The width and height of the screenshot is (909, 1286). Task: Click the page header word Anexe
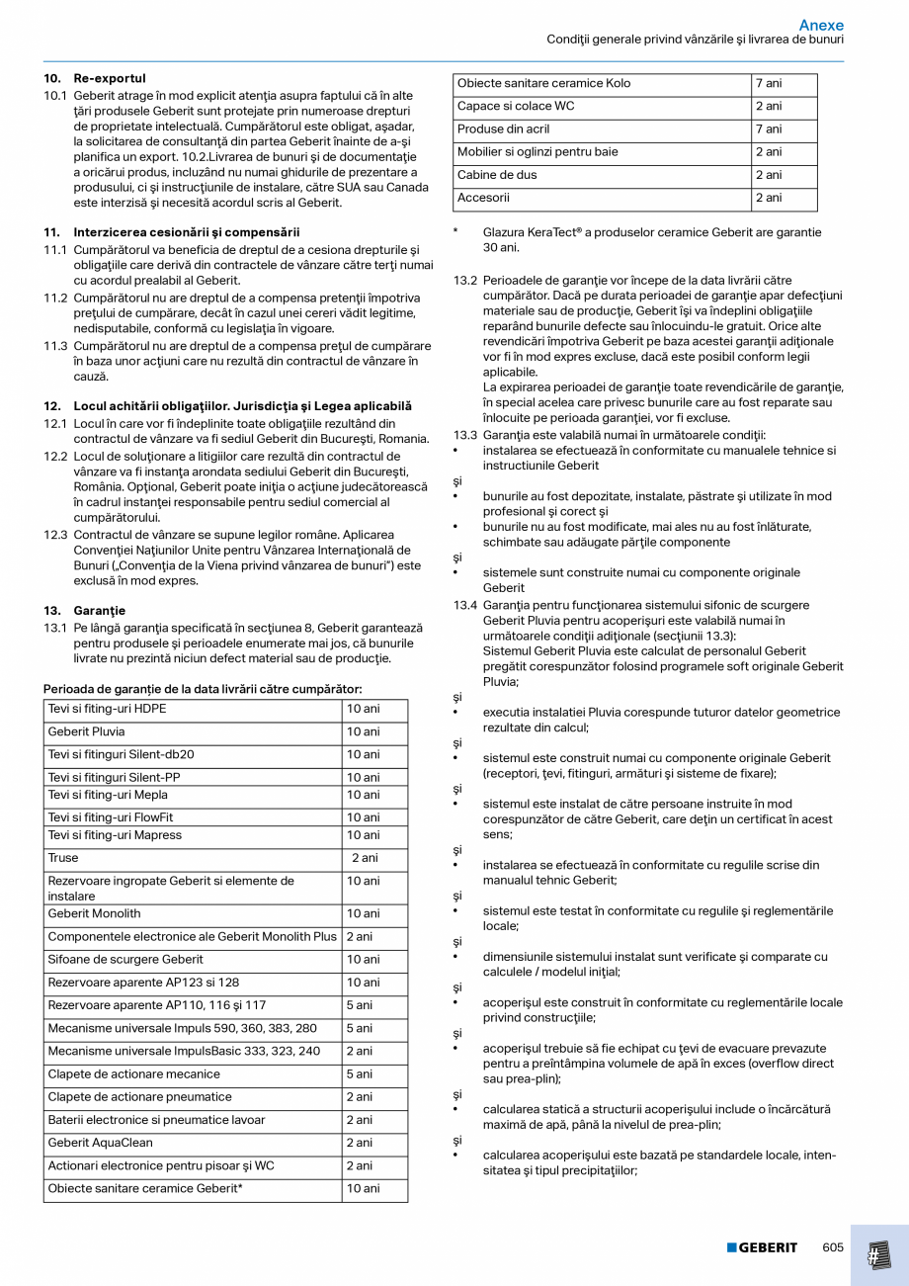[x=821, y=25]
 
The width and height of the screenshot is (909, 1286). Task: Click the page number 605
[x=833, y=1247]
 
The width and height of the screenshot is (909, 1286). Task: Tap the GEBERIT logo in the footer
[x=762, y=1247]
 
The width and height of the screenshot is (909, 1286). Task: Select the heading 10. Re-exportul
[x=95, y=78]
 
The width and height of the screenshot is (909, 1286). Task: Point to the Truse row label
[x=63, y=858]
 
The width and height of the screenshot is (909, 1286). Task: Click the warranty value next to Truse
[x=365, y=858]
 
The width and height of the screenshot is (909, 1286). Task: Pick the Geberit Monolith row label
[x=94, y=913]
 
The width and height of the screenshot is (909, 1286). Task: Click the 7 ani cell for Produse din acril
[x=769, y=129]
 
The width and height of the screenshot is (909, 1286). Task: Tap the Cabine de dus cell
[x=497, y=175]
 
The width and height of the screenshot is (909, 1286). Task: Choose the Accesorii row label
[x=483, y=198]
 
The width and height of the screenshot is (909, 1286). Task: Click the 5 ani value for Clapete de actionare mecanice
[x=359, y=1074]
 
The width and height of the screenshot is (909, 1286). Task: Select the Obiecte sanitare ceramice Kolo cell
[x=543, y=83]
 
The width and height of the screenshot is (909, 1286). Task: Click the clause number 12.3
[x=55, y=535]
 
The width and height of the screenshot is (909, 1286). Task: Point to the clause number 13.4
[x=465, y=605]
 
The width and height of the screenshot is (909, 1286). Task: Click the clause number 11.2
[x=55, y=298]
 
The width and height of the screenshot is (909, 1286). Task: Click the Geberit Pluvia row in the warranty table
[x=86, y=732]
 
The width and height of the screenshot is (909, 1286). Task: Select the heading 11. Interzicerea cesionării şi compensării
[x=172, y=231]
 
